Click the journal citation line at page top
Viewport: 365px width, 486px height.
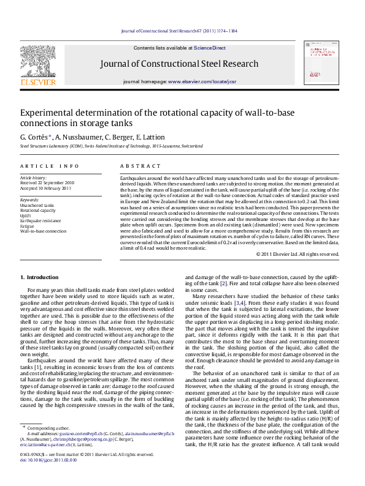pos(179,31)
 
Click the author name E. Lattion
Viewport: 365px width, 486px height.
pos(150,137)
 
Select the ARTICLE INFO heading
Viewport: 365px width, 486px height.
pos(49,166)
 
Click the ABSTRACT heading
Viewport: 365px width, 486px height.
pos(136,166)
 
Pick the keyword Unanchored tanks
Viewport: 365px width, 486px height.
pos(37,206)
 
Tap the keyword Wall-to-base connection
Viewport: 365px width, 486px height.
pos(43,231)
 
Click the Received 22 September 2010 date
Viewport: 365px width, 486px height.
pos(47,182)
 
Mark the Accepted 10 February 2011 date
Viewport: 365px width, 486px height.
pos(47,187)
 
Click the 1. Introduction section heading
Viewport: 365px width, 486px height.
pos(40,277)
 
